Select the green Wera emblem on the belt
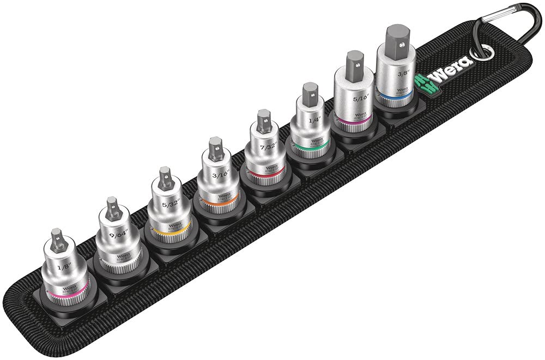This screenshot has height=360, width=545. coord(424,82)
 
